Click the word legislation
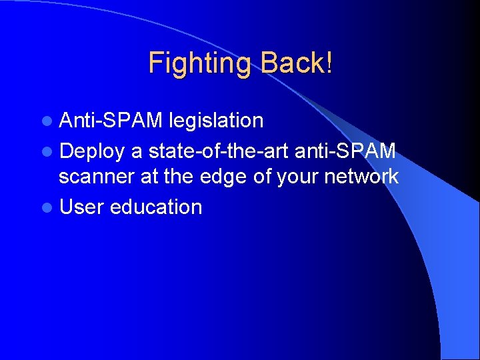(216, 121)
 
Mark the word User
(81, 207)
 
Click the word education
(156, 207)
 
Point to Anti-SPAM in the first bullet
(111, 121)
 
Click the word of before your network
(265, 177)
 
